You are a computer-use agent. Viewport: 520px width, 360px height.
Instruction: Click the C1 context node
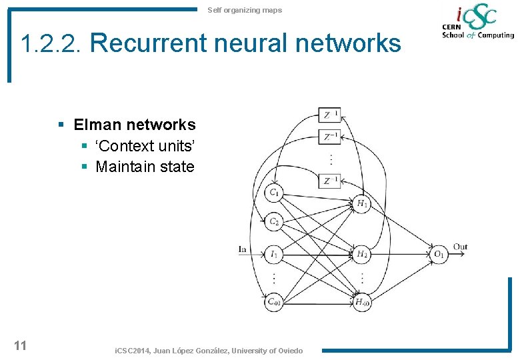pos(274,193)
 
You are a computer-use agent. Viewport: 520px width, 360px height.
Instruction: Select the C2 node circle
pos(274,222)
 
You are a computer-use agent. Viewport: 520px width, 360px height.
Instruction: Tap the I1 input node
pos(274,253)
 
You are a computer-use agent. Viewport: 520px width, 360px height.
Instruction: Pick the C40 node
pos(274,302)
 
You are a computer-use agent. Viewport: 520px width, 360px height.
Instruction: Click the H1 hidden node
pos(362,203)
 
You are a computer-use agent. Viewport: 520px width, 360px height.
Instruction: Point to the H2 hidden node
pos(362,253)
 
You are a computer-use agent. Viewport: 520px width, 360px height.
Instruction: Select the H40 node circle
pos(362,302)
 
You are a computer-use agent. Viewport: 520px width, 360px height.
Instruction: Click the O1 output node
pos(438,253)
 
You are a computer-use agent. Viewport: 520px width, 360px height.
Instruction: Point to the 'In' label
pos(243,249)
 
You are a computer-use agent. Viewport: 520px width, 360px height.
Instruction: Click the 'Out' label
pos(460,247)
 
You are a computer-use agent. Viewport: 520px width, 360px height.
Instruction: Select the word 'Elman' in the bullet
pos(96,125)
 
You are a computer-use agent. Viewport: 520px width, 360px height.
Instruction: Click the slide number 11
pos(20,345)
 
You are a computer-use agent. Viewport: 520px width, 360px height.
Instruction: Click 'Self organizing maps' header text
pos(245,10)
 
